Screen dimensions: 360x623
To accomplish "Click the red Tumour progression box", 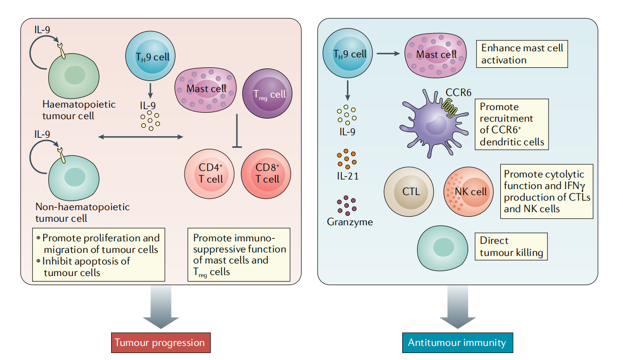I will click(x=159, y=343).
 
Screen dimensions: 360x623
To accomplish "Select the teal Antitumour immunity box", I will click(x=457, y=343).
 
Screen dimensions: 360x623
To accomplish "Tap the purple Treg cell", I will click(x=267, y=95).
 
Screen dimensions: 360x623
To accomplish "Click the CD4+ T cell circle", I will click(x=210, y=173).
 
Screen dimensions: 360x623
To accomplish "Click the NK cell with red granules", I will click(x=470, y=192).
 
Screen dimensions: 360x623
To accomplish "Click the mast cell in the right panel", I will click(x=436, y=54).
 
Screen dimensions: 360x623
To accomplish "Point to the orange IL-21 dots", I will click(x=346, y=159).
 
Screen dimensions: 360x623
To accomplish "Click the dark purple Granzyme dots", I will click(x=346, y=205).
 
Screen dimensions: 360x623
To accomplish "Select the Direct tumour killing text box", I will click(x=511, y=246).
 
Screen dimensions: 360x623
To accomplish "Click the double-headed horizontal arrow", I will click(x=141, y=137).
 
